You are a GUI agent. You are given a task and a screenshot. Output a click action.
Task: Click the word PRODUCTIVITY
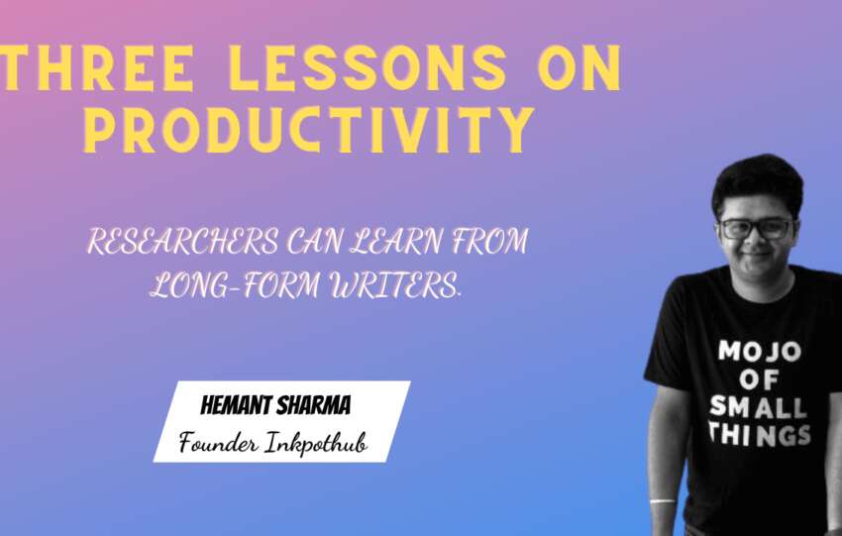(x=309, y=130)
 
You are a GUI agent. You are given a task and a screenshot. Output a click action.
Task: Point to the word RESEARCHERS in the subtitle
(x=182, y=241)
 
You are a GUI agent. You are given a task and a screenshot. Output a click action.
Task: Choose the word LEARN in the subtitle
(x=396, y=241)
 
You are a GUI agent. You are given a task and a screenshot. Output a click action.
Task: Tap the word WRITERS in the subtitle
(x=395, y=284)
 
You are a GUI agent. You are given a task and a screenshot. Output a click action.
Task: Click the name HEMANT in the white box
(x=236, y=405)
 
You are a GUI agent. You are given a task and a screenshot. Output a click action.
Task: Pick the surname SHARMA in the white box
(x=313, y=405)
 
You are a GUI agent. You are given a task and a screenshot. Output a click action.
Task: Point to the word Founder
(x=219, y=443)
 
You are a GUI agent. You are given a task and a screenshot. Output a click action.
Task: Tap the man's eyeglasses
(x=757, y=229)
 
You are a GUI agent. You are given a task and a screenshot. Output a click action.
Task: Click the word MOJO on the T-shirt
(x=760, y=352)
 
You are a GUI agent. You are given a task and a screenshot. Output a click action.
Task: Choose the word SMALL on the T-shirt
(x=758, y=406)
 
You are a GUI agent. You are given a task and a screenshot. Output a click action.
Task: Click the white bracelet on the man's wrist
(x=663, y=501)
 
